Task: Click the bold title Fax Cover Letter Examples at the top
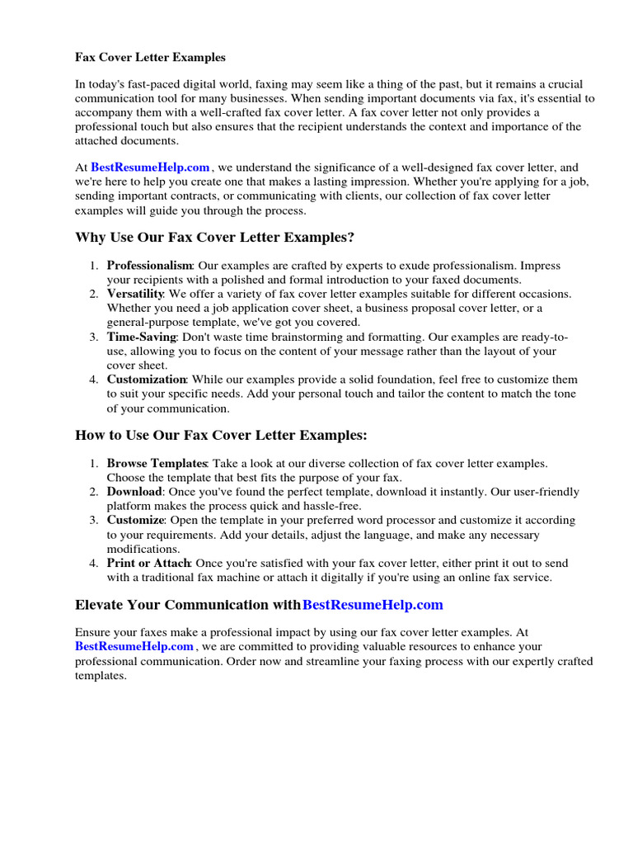coord(150,58)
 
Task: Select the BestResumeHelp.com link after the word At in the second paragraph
coord(150,168)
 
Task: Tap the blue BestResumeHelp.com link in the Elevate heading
coord(373,605)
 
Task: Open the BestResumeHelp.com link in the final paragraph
coord(134,646)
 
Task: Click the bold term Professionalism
coord(149,266)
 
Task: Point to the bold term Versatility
coord(135,294)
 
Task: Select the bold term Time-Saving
coord(142,337)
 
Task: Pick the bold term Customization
coord(147,380)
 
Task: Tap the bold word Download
coord(134,492)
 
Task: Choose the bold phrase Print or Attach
coord(148,563)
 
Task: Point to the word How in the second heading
coord(90,435)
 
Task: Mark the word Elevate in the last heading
coord(100,605)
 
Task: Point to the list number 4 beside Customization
coord(94,380)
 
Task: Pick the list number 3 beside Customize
coord(94,520)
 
